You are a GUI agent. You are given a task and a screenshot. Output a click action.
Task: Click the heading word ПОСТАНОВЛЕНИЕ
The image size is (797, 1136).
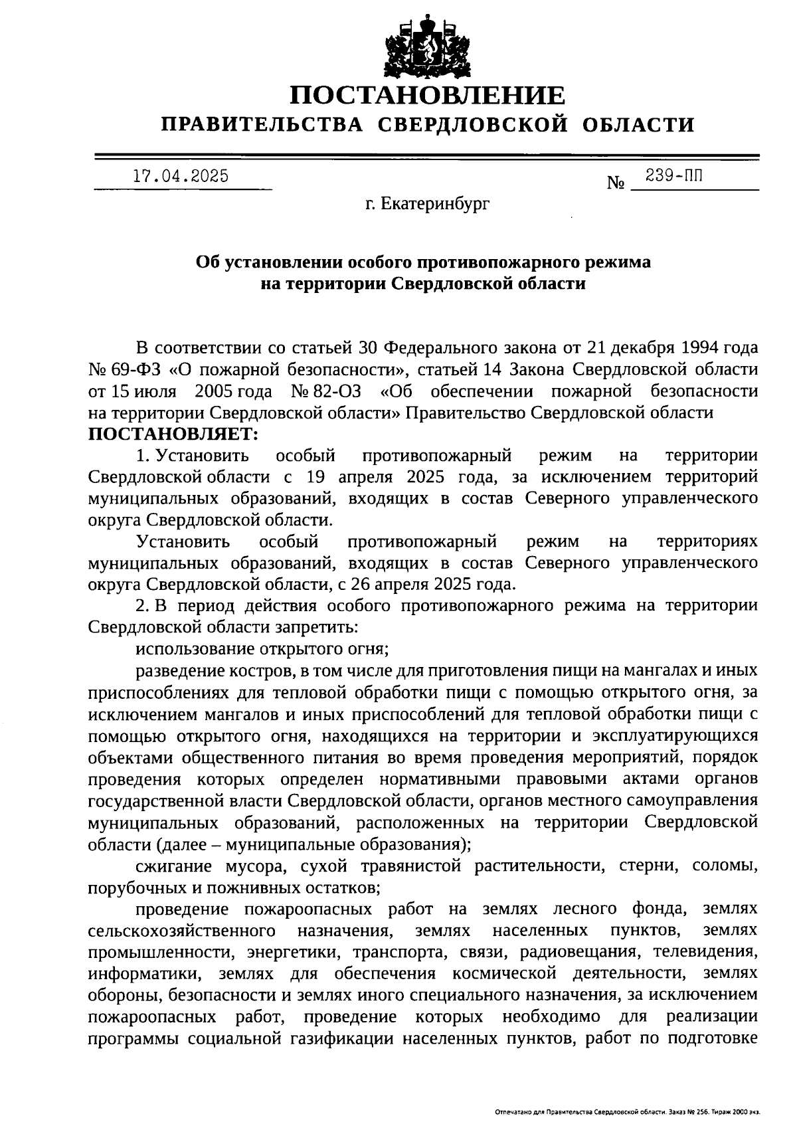click(x=428, y=97)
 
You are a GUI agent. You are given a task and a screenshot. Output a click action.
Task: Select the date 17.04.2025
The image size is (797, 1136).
click(x=181, y=176)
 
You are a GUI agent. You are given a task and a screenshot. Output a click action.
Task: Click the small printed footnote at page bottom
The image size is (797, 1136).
click(x=627, y=1111)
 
